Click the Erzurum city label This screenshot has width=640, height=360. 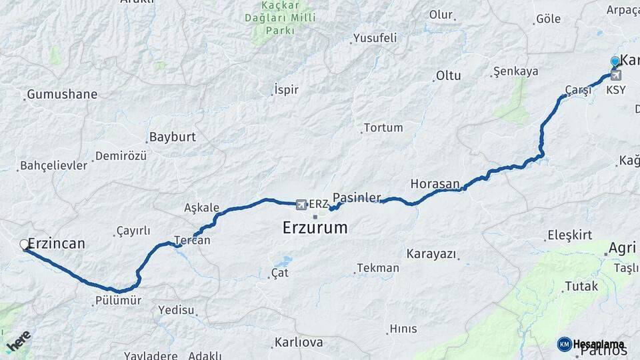315,227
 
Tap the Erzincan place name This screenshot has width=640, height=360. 57,243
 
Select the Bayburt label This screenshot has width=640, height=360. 173,137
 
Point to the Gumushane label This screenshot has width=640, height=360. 61,94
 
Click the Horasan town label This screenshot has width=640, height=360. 435,183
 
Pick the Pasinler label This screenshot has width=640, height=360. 357,197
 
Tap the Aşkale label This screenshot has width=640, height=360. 201,207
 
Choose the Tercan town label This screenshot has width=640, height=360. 192,240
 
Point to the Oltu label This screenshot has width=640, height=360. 448,75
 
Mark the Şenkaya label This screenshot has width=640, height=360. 515,71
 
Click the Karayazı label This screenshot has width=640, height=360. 431,254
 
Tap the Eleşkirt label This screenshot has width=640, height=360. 570,235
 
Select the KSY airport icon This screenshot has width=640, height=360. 615,76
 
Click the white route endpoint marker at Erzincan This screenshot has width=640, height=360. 25,245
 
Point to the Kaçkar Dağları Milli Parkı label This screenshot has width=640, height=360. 280,18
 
